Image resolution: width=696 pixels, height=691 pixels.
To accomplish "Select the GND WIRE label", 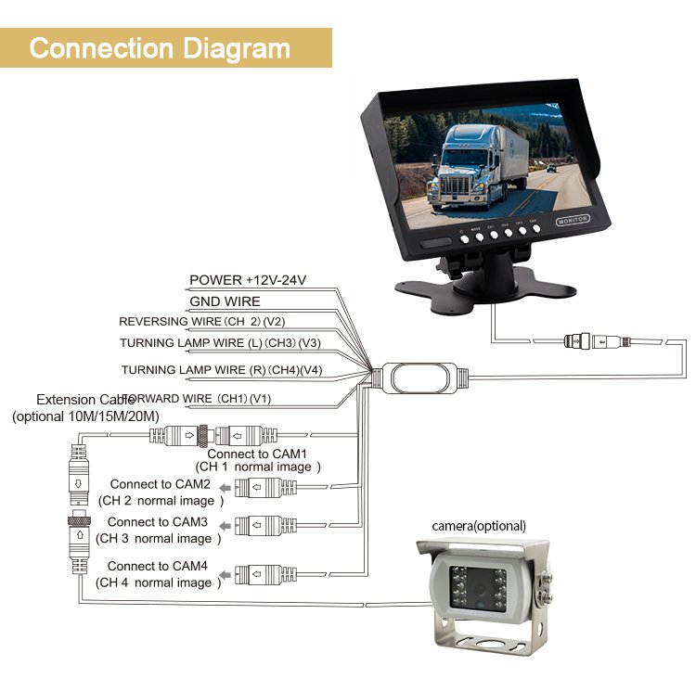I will click(225, 301).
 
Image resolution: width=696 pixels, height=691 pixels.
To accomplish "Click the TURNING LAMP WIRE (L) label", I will click(220, 342).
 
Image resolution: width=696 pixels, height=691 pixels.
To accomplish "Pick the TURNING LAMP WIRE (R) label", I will click(221, 369).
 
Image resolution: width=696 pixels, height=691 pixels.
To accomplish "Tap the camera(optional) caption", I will click(479, 526).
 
